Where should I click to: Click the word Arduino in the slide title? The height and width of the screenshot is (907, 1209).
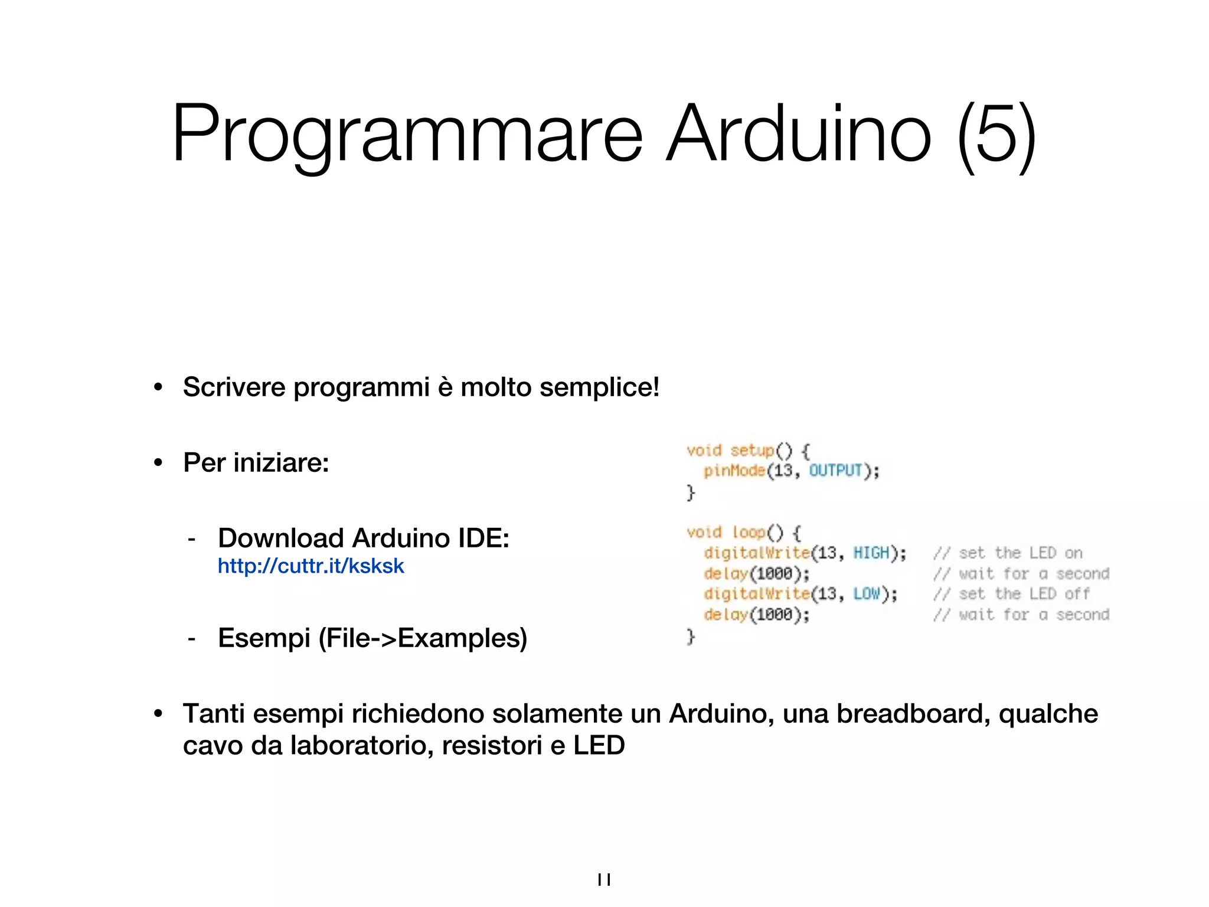tap(798, 135)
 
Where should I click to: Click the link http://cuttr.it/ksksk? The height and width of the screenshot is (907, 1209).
tap(311, 566)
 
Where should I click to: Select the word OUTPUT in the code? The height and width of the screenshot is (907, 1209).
tap(835, 471)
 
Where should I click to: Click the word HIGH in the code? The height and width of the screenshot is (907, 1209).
tap(871, 553)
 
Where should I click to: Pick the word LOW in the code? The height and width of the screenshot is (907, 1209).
tap(866, 594)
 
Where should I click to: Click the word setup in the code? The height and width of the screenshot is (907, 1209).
tap(751, 451)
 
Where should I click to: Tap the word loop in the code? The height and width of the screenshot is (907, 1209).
tap(749, 533)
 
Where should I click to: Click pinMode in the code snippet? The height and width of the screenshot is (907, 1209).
tap(734, 471)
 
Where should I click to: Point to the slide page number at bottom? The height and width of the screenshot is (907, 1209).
tap(604, 880)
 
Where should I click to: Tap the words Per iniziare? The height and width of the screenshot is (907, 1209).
tap(256, 462)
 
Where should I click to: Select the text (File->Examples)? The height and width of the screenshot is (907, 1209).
tap(423, 638)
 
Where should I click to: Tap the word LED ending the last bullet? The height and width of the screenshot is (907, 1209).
tap(599, 745)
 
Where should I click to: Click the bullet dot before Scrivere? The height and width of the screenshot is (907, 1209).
tap(158, 388)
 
